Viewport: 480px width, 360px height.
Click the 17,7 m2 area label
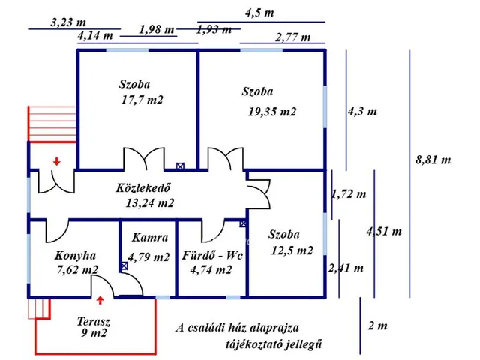click(x=142, y=100)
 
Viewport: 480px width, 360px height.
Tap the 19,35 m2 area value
click(x=272, y=112)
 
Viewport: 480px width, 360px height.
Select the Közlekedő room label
click(x=145, y=188)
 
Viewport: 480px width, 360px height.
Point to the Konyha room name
click(x=76, y=255)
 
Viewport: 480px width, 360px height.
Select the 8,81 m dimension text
click(x=433, y=160)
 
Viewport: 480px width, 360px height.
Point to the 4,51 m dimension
click(x=384, y=232)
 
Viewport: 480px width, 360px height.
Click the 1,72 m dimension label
click(x=349, y=195)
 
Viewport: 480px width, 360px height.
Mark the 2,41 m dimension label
click(x=346, y=268)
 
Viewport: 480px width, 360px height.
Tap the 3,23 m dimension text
click(x=68, y=22)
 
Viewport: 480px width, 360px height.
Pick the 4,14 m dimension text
click(x=95, y=35)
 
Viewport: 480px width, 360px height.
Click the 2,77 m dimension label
click(x=293, y=37)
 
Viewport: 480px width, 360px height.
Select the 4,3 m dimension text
click(x=362, y=111)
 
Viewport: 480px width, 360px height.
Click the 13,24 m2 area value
click(x=150, y=202)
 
